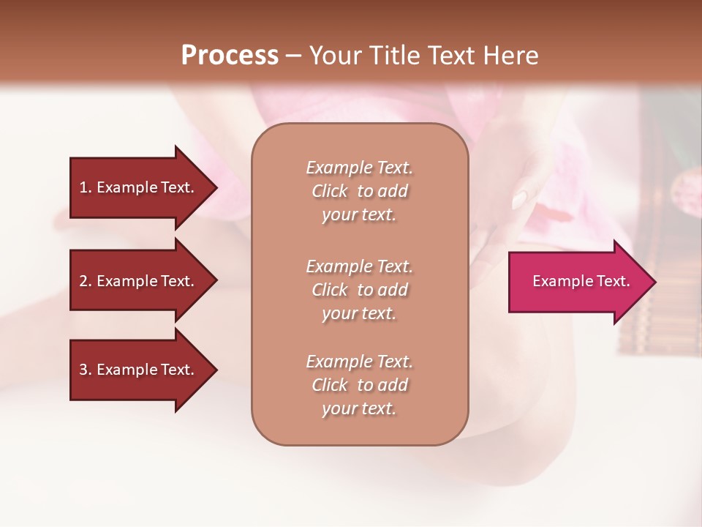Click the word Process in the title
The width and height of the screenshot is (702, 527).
pyautogui.click(x=230, y=56)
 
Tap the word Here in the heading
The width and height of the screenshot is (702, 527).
pyautogui.click(x=510, y=56)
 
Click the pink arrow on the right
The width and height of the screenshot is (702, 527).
pyautogui.click(x=578, y=282)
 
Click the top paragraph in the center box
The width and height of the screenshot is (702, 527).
pyautogui.click(x=359, y=191)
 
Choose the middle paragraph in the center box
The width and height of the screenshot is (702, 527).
pyautogui.click(x=359, y=290)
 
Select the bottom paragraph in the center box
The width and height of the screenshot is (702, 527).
pyautogui.click(x=359, y=385)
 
